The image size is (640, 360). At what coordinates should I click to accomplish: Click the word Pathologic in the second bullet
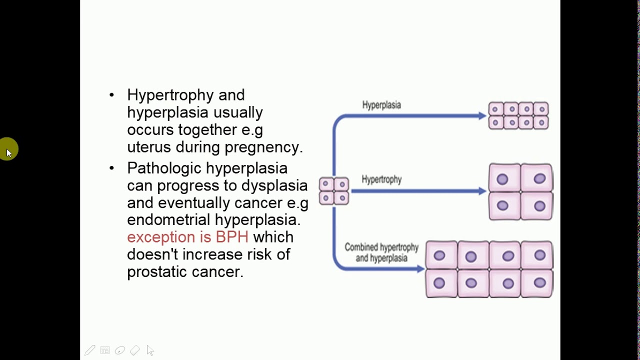164,168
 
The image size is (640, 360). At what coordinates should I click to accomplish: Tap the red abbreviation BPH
232,237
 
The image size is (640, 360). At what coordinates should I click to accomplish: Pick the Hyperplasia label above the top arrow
381,105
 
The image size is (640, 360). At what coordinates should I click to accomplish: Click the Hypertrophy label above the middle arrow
381,179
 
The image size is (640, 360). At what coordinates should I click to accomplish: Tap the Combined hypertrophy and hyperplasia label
381,252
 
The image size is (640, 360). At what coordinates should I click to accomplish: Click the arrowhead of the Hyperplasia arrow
482,116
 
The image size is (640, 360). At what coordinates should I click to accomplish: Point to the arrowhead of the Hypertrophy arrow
482,191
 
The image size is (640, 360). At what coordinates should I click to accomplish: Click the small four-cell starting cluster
334,191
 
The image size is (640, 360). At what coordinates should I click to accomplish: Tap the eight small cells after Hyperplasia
518,116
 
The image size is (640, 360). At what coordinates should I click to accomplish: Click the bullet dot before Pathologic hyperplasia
111,168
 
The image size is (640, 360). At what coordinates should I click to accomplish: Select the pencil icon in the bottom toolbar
90,350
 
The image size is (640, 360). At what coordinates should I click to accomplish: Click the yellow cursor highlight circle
9,149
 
